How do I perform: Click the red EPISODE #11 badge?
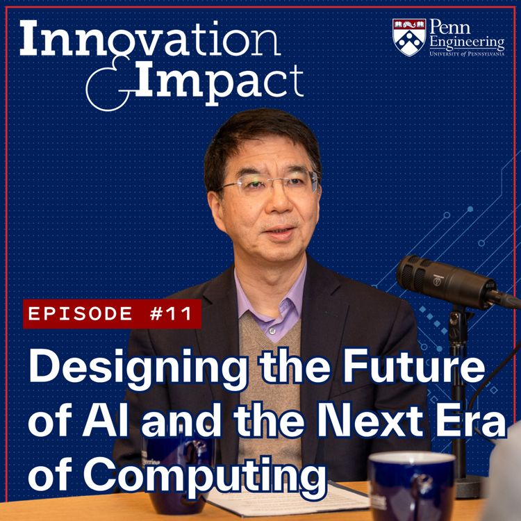click(112, 313)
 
